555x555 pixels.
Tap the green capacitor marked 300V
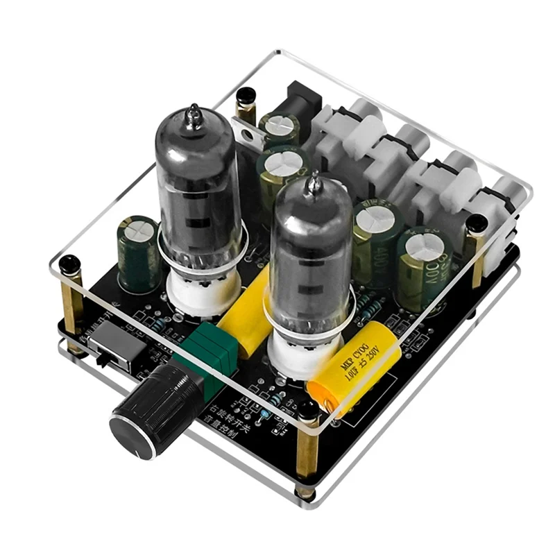click(x=424, y=267)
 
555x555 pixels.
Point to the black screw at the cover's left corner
click(x=69, y=264)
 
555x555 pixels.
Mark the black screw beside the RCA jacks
click(x=476, y=223)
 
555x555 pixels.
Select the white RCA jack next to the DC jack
click(x=354, y=128)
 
